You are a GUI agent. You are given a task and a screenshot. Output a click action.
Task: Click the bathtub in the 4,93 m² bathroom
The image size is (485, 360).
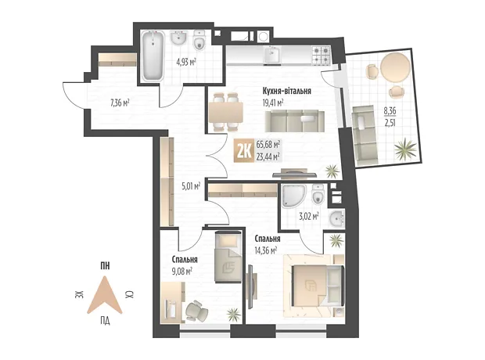coord(153,56)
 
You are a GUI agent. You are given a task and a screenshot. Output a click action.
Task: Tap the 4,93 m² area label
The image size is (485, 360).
coord(186,62)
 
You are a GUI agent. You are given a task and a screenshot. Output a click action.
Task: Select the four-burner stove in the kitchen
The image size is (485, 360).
coord(322,55)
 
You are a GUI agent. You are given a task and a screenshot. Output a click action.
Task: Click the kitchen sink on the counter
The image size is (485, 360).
coord(272,55)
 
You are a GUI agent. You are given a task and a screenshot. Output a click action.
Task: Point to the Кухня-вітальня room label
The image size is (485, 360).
coord(287,91)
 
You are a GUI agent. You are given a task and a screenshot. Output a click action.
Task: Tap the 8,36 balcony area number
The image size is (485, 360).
coord(390,110)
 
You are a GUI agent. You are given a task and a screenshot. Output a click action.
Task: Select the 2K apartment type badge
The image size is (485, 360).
coord(244,150)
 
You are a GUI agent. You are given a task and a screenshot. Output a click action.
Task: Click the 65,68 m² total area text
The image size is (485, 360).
coord(268,144)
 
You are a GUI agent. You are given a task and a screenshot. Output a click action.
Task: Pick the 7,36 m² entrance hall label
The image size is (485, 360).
coord(120,103)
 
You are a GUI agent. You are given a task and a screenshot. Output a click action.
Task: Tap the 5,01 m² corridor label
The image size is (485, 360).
coord(191,186)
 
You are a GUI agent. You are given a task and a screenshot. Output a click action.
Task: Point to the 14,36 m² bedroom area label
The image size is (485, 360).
coord(266,250)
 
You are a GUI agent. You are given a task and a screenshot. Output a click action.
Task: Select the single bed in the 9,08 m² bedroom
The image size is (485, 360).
coord(228,257)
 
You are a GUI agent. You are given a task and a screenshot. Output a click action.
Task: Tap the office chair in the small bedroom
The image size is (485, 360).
coord(196,311)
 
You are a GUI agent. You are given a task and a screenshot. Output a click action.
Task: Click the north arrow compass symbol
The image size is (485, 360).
coord(105,294)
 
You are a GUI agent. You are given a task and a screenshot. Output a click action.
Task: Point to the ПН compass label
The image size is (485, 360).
coord(105,266)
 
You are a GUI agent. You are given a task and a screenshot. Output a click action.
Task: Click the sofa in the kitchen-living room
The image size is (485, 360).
coord(295,121)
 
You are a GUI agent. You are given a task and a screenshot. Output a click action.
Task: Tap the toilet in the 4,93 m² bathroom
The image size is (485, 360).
coord(199,41)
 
